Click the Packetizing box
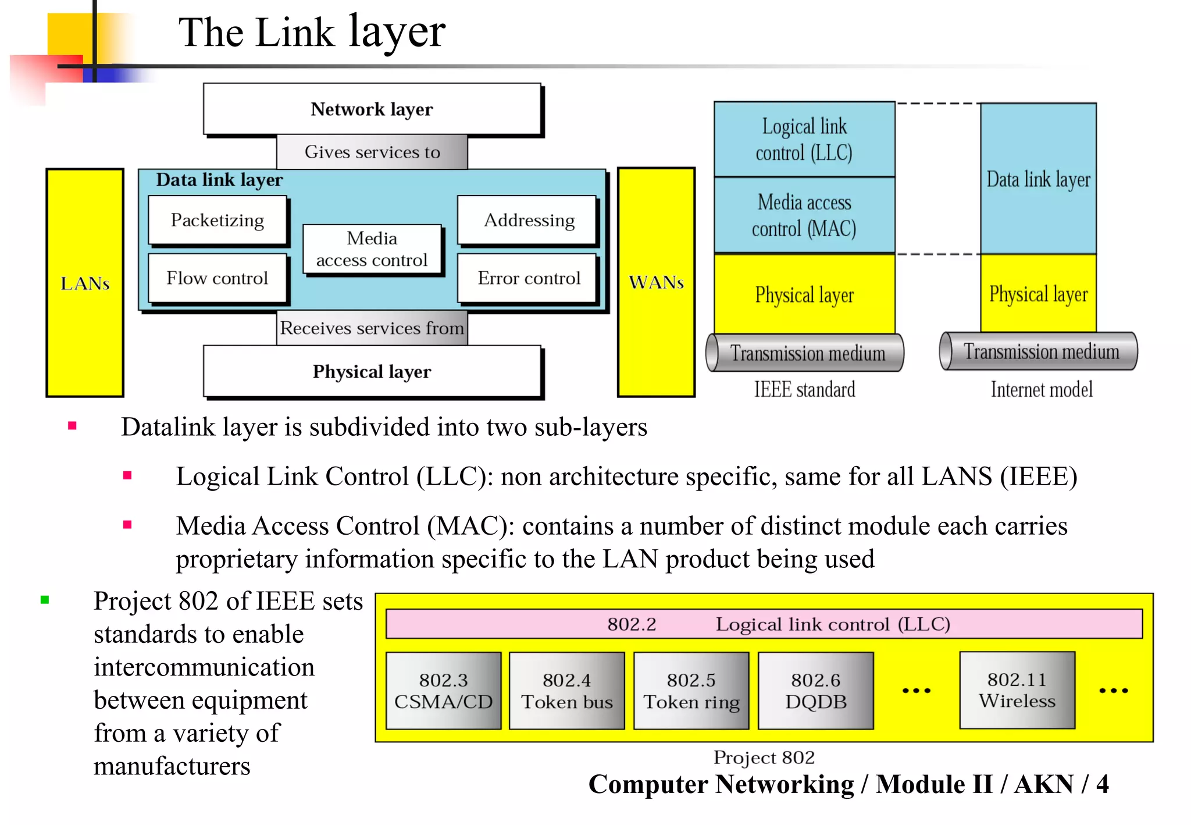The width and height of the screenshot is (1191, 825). [217, 220]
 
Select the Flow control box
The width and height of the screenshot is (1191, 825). [217, 278]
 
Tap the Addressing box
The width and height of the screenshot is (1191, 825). [528, 220]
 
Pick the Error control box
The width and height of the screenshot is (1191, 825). [528, 278]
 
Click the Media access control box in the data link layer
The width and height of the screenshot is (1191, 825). [372, 249]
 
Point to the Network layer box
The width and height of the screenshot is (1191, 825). [372, 109]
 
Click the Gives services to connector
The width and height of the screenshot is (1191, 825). [372, 152]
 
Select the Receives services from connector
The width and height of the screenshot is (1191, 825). [372, 328]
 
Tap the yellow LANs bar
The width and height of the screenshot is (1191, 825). [85, 283]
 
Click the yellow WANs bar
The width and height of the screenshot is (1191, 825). [656, 282]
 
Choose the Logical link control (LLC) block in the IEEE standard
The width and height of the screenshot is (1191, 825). [804, 139]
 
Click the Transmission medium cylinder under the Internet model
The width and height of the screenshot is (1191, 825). [1039, 351]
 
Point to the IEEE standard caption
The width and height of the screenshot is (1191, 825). [804, 389]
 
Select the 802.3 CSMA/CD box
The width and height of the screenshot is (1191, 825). [443, 691]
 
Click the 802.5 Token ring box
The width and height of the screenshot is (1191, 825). [691, 691]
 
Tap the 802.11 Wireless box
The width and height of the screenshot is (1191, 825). [1017, 690]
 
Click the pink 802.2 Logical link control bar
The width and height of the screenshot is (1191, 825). [764, 624]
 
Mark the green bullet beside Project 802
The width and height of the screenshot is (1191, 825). [45, 600]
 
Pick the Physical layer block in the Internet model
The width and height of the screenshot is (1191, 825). [1038, 294]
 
